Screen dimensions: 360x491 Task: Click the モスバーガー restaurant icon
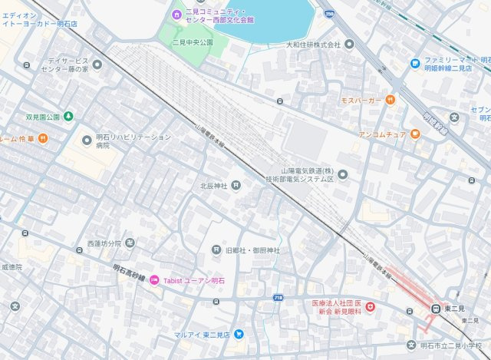pyautogui.click(x=390, y=99)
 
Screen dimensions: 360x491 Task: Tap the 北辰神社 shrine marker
pyautogui.click(x=236, y=184)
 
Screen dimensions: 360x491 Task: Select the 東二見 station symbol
pyautogui.click(x=435, y=309)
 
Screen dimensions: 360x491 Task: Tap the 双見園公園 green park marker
pyautogui.click(x=68, y=117)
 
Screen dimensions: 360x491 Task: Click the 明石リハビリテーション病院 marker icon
pyautogui.click(x=87, y=140)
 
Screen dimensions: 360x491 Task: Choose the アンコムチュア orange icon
pyautogui.click(x=414, y=134)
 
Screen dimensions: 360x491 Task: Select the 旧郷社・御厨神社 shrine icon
pyautogui.click(x=216, y=250)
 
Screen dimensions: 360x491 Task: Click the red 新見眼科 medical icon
pyautogui.click(x=371, y=307)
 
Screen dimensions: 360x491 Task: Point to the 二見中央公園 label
pyautogui.click(x=192, y=43)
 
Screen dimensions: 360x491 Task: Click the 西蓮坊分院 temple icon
pyautogui.click(x=130, y=243)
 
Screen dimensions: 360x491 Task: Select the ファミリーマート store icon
pyautogui.click(x=414, y=63)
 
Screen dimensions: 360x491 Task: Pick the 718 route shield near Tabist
pyautogui.click(x=277, y=296)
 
